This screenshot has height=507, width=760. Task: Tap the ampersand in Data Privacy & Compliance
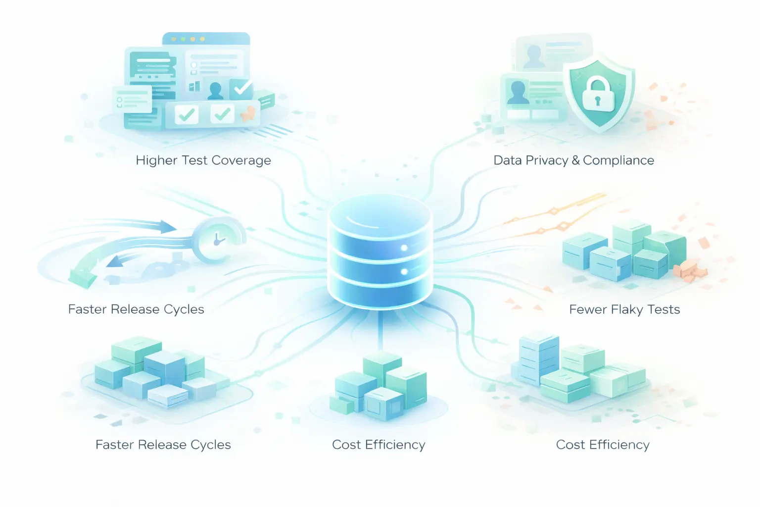[x=575, y=160]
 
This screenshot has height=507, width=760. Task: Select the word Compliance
[x=618, y=160]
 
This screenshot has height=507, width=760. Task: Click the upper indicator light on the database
[x=404, y=248]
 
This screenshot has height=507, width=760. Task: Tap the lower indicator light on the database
[x=404, y=271]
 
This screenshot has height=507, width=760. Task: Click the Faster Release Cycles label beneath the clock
[x=136, y=309]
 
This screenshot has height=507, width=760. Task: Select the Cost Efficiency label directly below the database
[x=379, y=445]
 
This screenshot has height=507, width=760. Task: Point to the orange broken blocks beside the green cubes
[x=690, y=270]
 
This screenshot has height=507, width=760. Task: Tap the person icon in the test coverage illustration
[x=216, y=90]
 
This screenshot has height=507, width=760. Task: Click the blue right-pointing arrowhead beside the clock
[x=168, y=227]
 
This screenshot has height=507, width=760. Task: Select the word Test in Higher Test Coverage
[x=195, y=160]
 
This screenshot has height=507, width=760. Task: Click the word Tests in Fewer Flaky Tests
[x=664, y=309]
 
